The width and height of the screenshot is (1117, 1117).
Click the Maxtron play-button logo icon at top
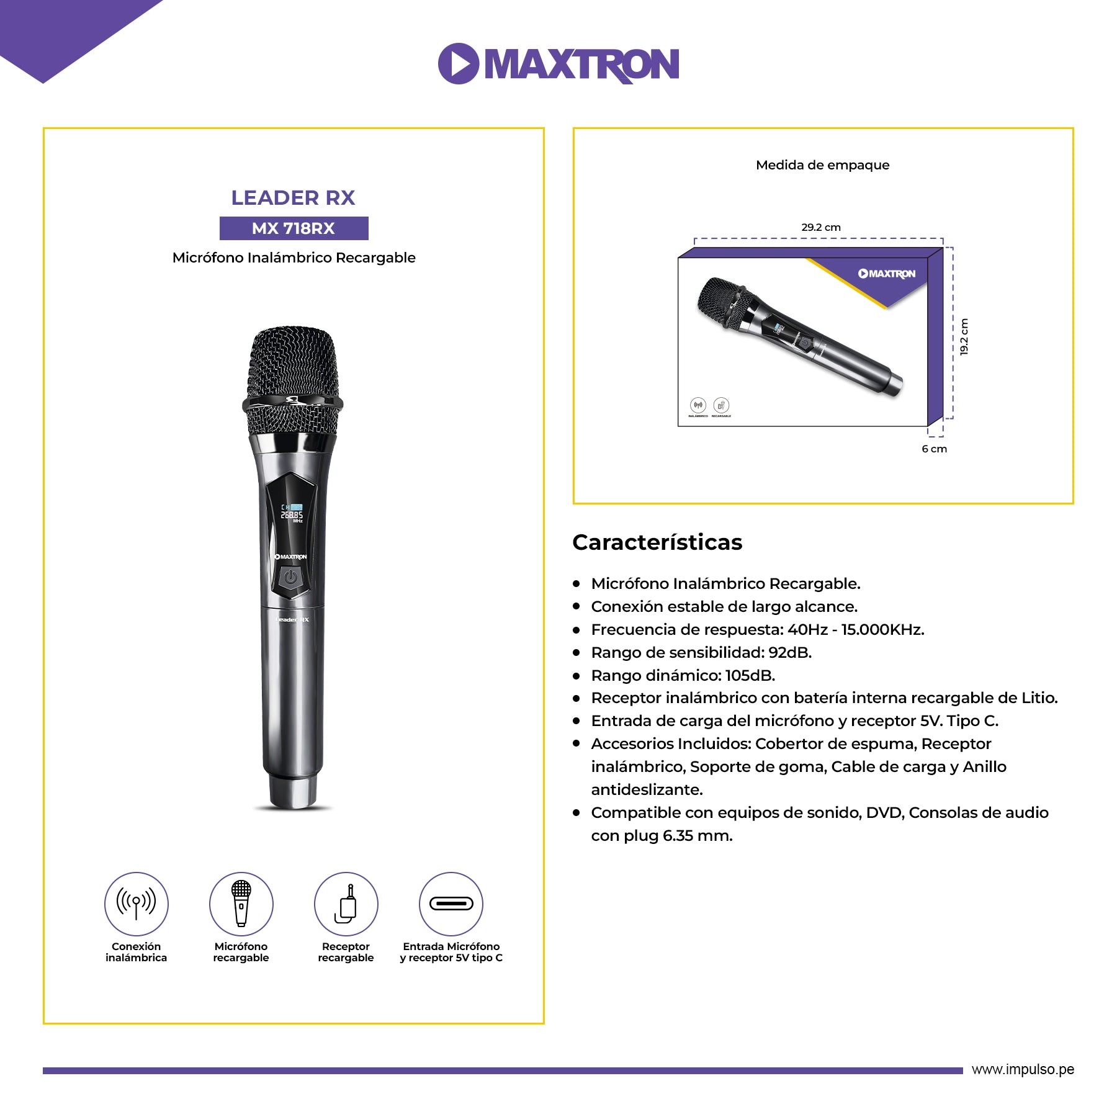click(x=458, y=63)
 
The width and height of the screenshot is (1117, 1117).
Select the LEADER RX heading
click(x=293, y=198)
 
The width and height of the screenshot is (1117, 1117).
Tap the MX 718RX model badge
click(x=294, y=228)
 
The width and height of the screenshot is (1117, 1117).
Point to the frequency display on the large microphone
click(x=292, y=514)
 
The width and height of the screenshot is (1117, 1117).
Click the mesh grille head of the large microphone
click(x=293, y=379)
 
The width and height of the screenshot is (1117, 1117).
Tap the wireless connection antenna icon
click(x=136, y=904)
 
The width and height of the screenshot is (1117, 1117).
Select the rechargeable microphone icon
click(x=241, y=904)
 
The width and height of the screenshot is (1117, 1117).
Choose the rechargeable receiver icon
click(x=346, y=904)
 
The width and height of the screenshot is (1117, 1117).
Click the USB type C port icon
click(x=451, y=904)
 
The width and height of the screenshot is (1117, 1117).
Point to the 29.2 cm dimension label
click(x=820, y=227)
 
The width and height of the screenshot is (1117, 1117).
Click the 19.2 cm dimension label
click(x=964, y=337)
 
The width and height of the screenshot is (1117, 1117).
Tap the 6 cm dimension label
click(x=934, y=449)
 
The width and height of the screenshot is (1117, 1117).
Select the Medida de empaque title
click(x=822, y=165)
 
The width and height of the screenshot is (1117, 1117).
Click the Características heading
click(x=657, y=542)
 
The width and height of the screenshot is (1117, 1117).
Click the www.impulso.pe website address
click(x=1023, y=1069)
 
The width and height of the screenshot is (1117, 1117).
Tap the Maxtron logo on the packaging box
click(x=887, y=274)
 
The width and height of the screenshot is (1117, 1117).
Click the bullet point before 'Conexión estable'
click(x=576, y=606)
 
